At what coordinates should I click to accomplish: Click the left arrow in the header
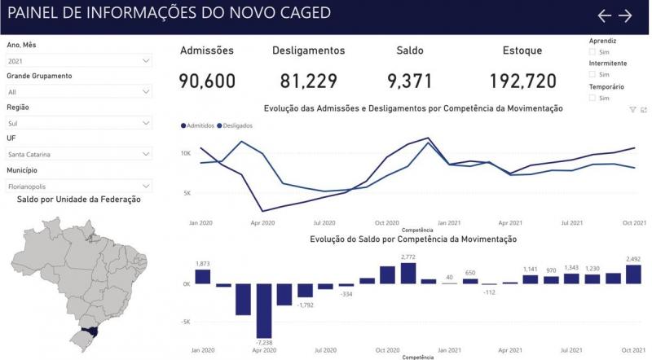pyautogui.click(x=604, y=15)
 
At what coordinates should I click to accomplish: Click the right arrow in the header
pyautogui.click(x=625, y=15)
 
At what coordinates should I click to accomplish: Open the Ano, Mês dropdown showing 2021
pyautogui.click(x=78, y=61)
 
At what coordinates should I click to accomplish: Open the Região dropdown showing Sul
pyautogui.click(x=78, y=123)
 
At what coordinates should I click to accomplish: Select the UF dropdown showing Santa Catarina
pyautogui.click(x=78, y=154)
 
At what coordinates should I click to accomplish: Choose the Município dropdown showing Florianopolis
pyautogui.click(x=78, y=187)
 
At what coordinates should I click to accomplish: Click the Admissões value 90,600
pyautogui.click(x=207, y=81)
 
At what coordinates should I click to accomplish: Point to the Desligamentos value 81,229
pyautogui.click(x=309, y=81)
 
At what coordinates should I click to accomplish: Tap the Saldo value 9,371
pyautogui.click(x=410, y=81)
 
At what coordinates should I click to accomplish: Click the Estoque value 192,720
pyautogui.click(x=522, y=81)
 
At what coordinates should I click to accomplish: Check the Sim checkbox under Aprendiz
pyautogui.click(x=593, y=52)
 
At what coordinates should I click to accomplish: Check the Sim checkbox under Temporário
pyautogui.click(x=593, y=98)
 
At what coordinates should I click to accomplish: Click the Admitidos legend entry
pyautogui.click(x=197, y=125)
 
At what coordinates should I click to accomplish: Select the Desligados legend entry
pyautogui.click(x=235, y=125)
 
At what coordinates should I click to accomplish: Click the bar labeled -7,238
pyautogui.click(x=264, y=311)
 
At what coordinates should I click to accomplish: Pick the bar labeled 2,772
pyautogui.click(x=408, y=274)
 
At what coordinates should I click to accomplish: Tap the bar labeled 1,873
pyautogui.click(x=202, y=277)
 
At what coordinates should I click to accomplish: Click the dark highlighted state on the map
pyautogui.click(x=90, y=331)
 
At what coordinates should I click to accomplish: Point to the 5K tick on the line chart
pyautogui.click(x=186, y=193)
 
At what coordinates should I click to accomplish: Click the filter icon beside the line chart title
pyautogui.click(x=632, y=110)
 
